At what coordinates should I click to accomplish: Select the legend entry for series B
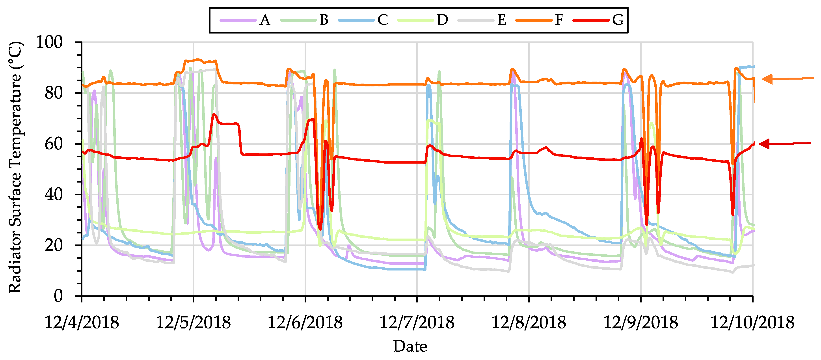click(x=324, y=20)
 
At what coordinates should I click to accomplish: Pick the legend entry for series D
click(x=442, y=20)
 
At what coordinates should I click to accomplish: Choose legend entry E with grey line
click(x=501, y=20)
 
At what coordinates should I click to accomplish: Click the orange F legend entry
click(x=559, y=20)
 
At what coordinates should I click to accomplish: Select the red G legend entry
click(x=617, y=20)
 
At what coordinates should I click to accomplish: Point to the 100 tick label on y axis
click(x=49, y=42)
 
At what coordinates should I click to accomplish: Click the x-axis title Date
click(x=410, y=347)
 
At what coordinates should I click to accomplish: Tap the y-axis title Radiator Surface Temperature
click(x=15, y=167)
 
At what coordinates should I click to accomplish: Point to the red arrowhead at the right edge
click(x=765, y=144)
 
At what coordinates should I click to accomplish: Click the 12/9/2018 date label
click(x=641, y=322)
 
